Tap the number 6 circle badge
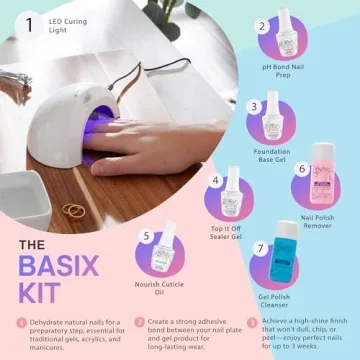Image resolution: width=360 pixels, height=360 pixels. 302,169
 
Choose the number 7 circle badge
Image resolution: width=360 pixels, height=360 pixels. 262,246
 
